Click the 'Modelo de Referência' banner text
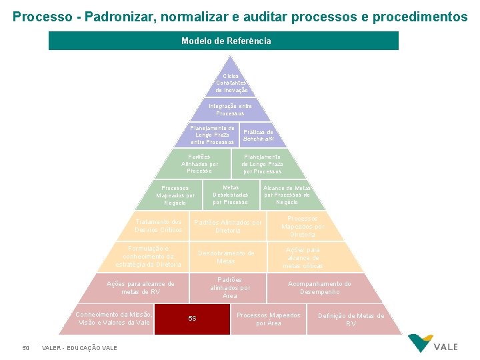226,41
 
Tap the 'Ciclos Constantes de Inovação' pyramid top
231,83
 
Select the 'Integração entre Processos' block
230,109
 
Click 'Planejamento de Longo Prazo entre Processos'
212,135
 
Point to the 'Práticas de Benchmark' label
258,135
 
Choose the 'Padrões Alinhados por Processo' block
199,164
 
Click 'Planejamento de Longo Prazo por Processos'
262,164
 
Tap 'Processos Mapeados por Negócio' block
175,195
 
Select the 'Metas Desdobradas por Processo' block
230,195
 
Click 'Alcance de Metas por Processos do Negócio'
287,195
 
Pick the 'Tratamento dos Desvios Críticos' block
158,226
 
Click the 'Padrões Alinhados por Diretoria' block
227,226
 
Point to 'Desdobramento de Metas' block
226,257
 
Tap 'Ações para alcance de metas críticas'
303,257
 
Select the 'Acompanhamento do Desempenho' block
319,288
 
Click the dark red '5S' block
193,319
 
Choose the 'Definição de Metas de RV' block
351,319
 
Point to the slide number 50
26,347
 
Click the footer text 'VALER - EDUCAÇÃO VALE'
79,348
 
